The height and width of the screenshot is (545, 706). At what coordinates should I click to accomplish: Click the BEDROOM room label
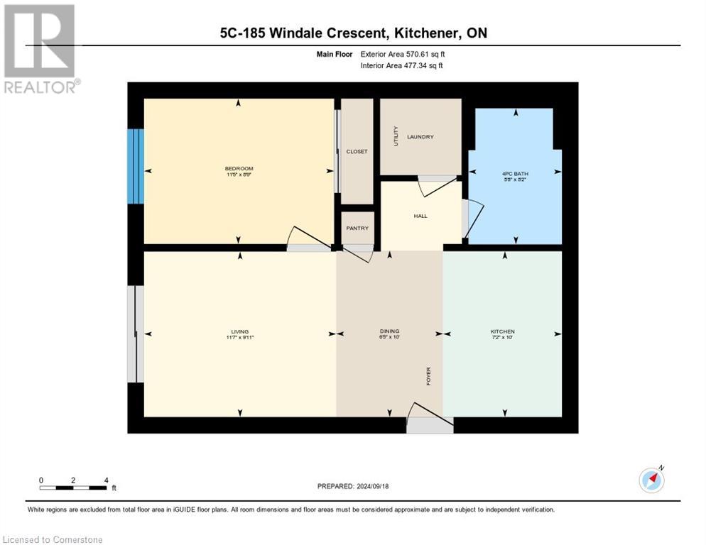coord(239,168)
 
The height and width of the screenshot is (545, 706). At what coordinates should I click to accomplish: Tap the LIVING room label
coord(239,331)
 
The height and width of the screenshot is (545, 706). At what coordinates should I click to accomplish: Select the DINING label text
coord(389,331)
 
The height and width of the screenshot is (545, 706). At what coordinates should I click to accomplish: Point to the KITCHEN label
coord(502,331)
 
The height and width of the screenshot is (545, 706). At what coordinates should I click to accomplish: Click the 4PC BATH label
coord(515,173)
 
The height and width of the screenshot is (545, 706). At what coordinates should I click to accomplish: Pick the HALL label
coord(420,216)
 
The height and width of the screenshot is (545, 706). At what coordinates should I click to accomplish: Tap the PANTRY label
coord(357,228)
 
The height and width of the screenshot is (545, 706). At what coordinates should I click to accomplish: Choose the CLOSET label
coord(357,152)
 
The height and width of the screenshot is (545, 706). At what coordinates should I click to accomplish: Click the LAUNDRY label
coord(420,137)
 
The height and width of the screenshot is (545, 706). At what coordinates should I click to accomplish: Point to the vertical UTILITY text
coord(396,136)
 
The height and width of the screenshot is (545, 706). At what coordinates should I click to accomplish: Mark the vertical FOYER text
coord(428,376)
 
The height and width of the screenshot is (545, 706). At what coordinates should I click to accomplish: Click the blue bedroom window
coord(136,166)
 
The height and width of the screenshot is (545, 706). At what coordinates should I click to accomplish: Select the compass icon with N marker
coord(651,480)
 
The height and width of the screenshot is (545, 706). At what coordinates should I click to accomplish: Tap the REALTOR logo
coord(40,48)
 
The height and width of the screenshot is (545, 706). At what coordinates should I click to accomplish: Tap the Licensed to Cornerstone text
coord(53,540)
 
